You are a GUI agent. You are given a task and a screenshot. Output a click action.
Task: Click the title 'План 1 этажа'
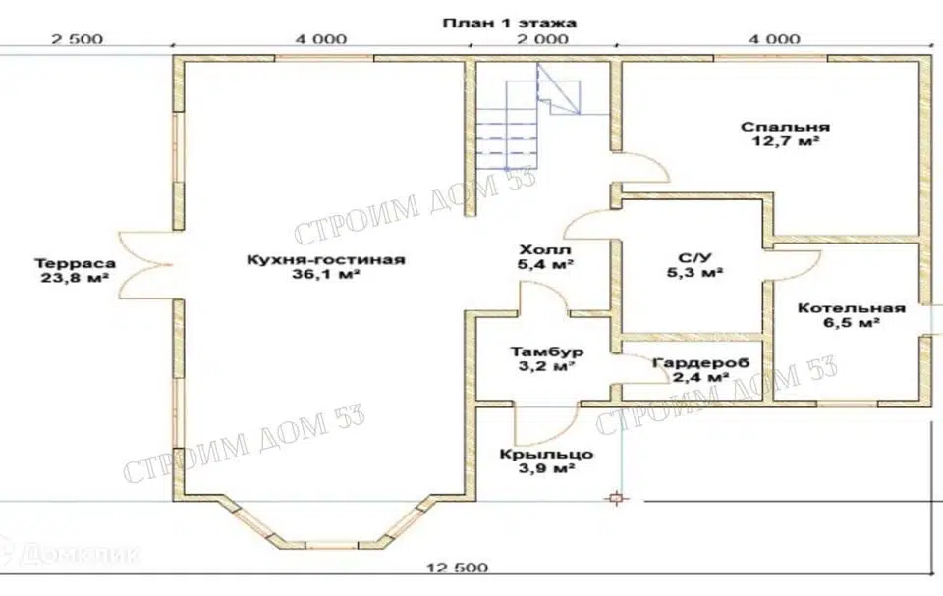510,23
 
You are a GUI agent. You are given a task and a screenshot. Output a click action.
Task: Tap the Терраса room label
76,263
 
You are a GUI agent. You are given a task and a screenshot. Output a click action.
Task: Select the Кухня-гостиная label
325,260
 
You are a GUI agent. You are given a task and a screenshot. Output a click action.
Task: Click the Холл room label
545,249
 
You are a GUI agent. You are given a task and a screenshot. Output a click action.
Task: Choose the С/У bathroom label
694,258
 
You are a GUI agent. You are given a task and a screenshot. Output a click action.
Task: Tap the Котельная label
851,308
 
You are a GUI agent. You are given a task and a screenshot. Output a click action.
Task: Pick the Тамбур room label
547,352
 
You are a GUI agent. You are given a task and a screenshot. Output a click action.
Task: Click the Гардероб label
700,363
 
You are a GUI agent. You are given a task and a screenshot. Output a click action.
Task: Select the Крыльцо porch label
546,454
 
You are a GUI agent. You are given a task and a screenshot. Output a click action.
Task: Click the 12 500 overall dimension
458,568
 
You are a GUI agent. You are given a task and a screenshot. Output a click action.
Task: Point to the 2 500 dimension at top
77,39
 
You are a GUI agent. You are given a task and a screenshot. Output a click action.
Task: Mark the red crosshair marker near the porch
616,498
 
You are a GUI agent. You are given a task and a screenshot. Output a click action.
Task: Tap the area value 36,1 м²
325,275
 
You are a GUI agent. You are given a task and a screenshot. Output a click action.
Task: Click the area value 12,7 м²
786,142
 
